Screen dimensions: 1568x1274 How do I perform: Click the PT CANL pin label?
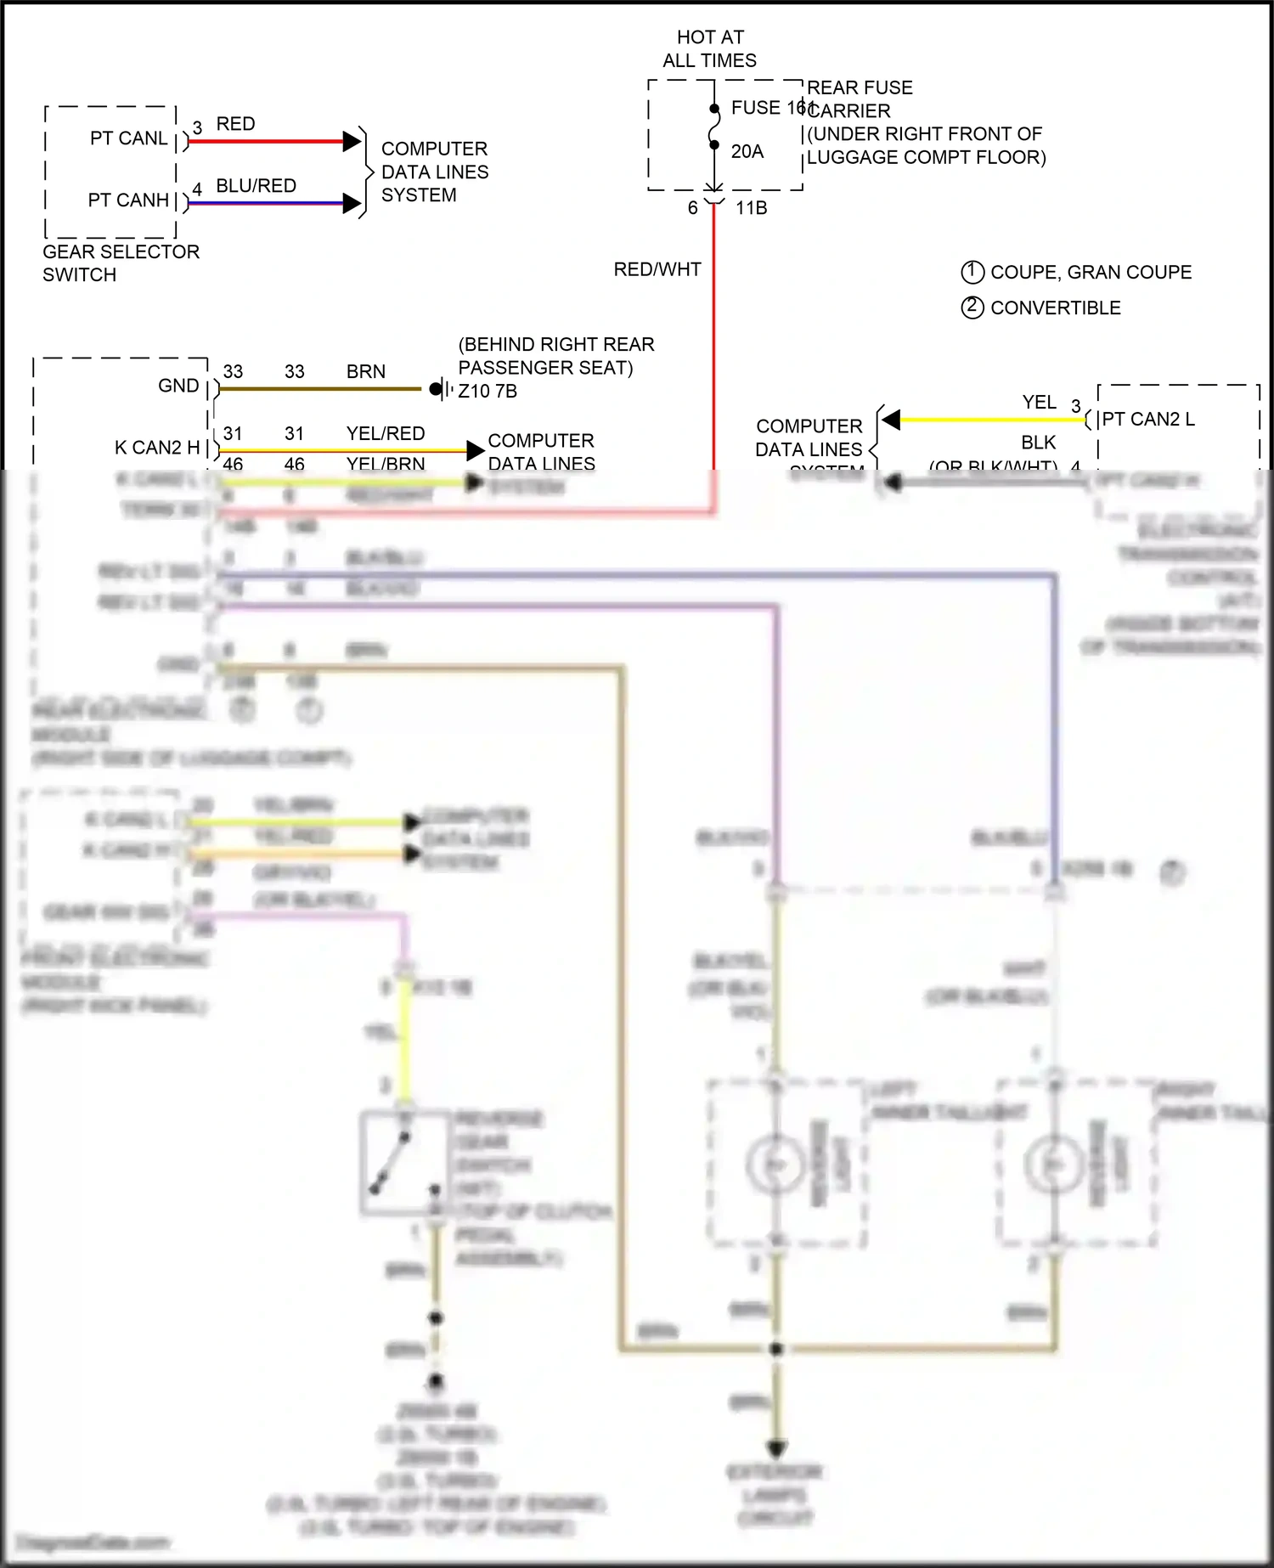click(128, 138)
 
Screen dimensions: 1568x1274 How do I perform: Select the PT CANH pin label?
click(128, 200)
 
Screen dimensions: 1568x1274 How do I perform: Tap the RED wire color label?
click(235, 124)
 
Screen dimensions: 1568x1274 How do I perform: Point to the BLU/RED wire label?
click(256, 186)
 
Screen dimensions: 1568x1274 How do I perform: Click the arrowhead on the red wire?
click(352, 142)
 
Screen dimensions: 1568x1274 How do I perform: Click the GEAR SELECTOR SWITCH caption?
click(121, 263)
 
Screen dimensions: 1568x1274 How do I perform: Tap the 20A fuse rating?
click(747, 151)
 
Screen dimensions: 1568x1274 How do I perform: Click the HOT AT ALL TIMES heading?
click(710, 49)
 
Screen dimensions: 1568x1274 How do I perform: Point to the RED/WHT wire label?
click(657, 269)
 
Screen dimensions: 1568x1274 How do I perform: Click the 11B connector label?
click(751, 208)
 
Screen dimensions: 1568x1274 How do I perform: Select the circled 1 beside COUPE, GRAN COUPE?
click(972, 272)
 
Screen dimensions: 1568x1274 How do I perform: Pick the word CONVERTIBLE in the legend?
click(1055, 308)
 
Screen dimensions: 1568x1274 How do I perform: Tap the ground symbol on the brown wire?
click(438, 389)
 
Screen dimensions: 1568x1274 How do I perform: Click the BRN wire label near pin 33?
click(365, 372)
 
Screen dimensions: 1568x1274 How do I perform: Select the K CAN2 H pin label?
click(157, 448)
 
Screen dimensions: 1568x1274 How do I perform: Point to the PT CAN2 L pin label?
click(1148, 420)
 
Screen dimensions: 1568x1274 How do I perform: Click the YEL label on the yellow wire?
click(1039, 403)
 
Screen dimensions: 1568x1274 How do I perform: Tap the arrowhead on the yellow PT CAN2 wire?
click(891, 420)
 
